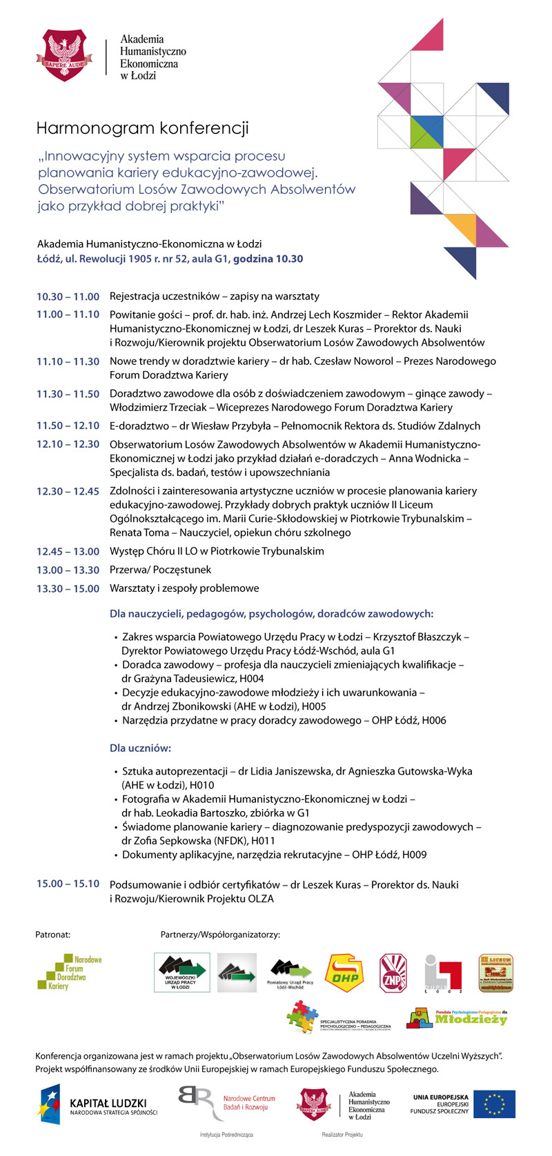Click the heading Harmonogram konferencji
[x=142, y=128]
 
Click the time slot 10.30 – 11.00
[x=68, y=297]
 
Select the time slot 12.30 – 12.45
[x=68, y=491]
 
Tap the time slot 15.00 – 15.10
[x=68, y=884]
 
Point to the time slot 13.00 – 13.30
[x=68, y=570]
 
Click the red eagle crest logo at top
[x=64, y=55]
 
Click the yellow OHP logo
[x=344, y=973]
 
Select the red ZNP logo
[x=393, y=973]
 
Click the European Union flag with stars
[x=494, y=1104]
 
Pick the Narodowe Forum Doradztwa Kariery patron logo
[x=69, y=973]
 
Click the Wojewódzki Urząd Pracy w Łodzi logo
[x=181, y=973]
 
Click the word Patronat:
[x=52, y=935]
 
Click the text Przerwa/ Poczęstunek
[x=160, y=570]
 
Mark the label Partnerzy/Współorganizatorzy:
[x=220, y=935]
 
